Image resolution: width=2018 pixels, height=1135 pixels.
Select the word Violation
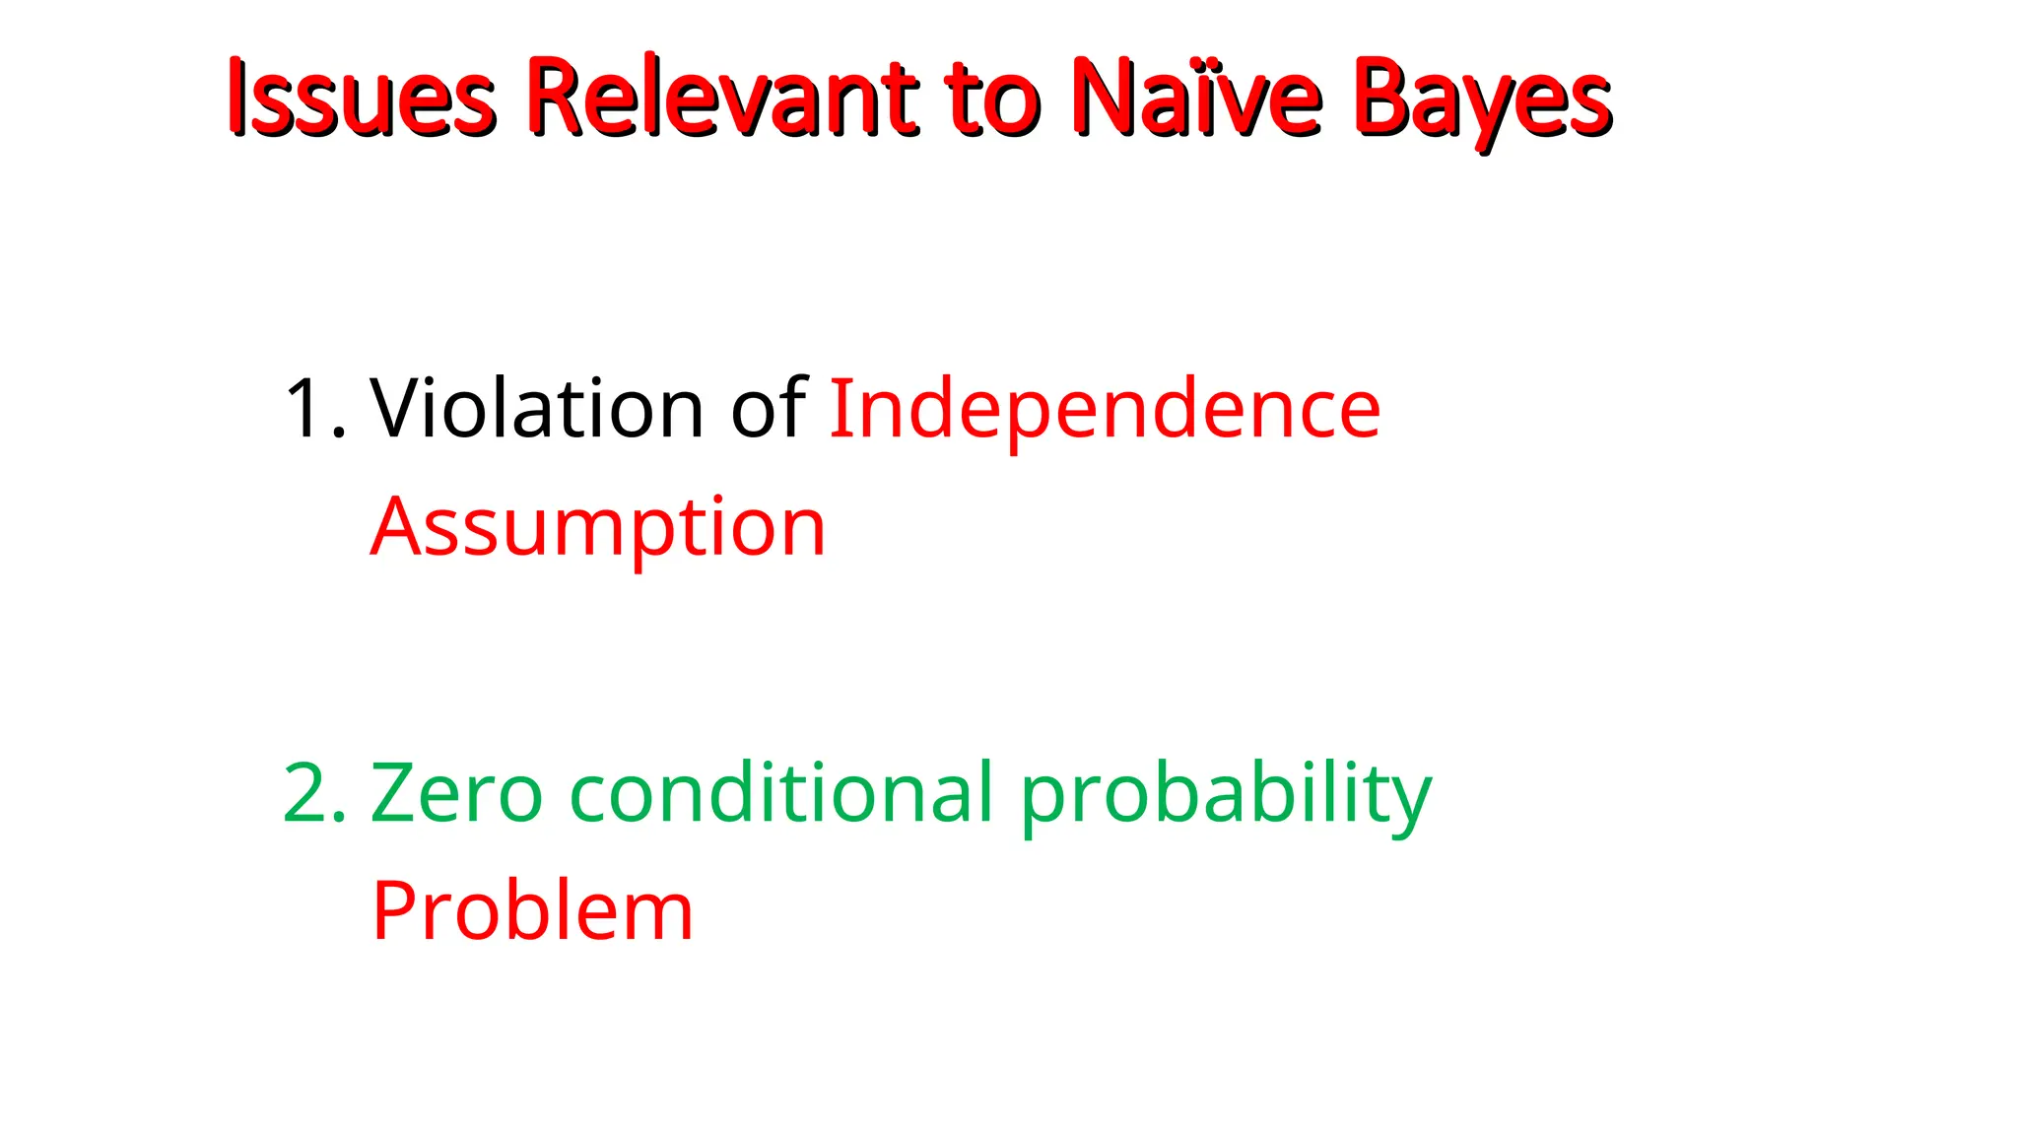(x=537, y=408)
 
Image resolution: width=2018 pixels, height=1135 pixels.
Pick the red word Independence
(x=1105, y=408)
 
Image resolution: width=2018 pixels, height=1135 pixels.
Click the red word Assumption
(x=598, y=528)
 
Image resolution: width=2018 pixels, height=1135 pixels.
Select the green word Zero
(x=456, y=793)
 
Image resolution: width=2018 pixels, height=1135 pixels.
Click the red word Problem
(x=532, y=911)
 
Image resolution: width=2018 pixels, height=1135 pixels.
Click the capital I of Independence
(x=839, y=408)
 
